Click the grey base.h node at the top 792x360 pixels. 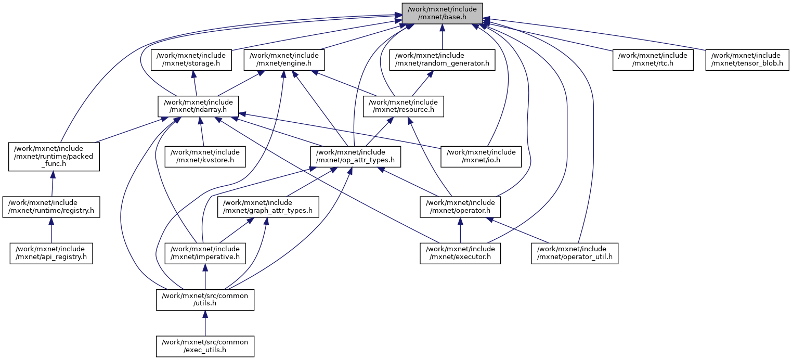click(x=442, y=13)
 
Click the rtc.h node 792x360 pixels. click(x=653, y=60)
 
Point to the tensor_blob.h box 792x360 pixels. click(x=747, y=60)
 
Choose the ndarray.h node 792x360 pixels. click(x=198, y=106)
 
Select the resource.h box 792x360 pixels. click(x=403, y=106)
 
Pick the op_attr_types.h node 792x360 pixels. click(x=356, y=156)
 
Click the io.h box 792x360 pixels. click(x=482, y=156)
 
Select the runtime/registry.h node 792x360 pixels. click(x=51, y=207)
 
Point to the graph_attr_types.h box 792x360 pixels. click(x=268, y=207)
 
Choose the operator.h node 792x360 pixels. click(x=460, y=207)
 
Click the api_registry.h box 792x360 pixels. click(x=51, y=253)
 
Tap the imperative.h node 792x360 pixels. click(x=205, y=253)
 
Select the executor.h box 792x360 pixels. click(x=460, y=253)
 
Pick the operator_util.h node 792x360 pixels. click(x=575, y=253)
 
